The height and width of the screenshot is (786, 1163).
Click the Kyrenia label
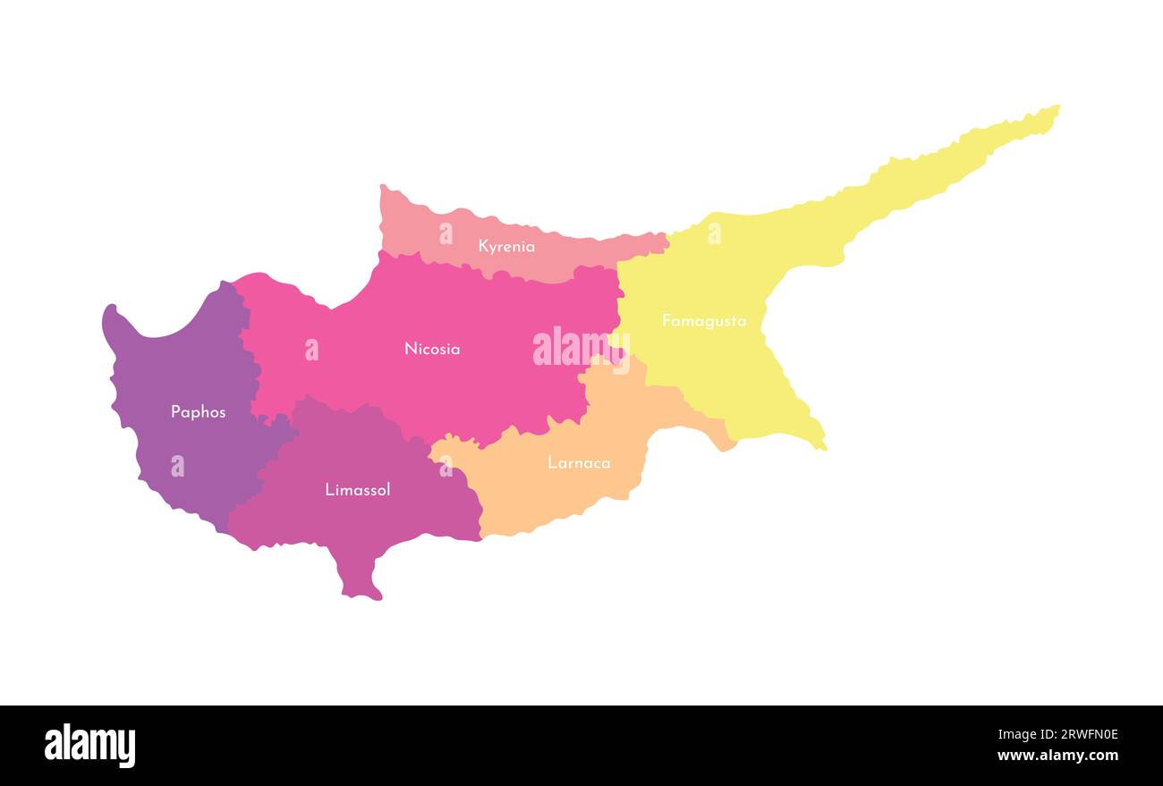(x=506, y=246)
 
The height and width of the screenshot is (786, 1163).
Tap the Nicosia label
(x=432, y=349)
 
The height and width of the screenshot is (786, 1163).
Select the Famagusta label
(x=704, y=321)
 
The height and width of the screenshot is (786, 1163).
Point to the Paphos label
(x=199, y=412)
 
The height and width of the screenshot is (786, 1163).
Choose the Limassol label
(x=358, y=490)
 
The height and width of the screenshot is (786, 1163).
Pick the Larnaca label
(x=579, y=463)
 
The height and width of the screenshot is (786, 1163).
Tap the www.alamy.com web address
(x=1057, y=756)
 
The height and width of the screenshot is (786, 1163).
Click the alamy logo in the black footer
(x=89, y=746)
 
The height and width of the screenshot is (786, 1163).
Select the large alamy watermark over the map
(x=581, y=348)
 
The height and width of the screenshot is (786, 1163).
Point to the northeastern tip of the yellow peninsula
(x=1056, y=109)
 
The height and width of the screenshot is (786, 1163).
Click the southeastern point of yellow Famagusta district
(x=822, y=446)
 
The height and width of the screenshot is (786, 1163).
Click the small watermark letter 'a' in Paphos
(x=177, y=466)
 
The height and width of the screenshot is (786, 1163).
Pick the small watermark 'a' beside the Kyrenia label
(x=446, y=233)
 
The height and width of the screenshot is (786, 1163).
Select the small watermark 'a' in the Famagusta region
(x=714, y=233)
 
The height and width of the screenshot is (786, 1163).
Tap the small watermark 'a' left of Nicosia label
(x=311, y=350)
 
